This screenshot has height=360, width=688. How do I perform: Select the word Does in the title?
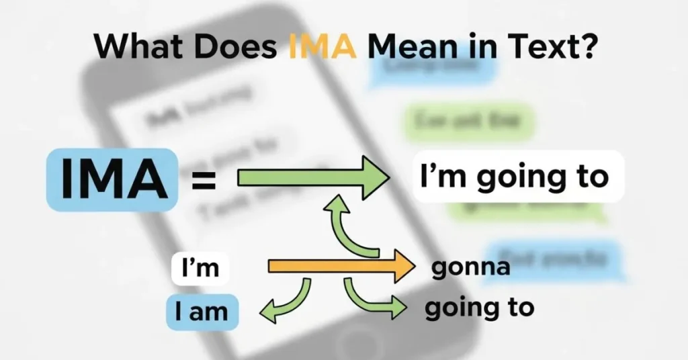235,48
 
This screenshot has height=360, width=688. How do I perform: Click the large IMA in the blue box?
113,180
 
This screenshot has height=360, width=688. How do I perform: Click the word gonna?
470,267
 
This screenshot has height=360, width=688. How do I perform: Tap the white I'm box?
200,268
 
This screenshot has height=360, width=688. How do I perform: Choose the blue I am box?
202,312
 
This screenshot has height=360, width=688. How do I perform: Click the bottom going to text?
480,308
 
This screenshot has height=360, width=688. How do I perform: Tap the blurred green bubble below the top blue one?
469,122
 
